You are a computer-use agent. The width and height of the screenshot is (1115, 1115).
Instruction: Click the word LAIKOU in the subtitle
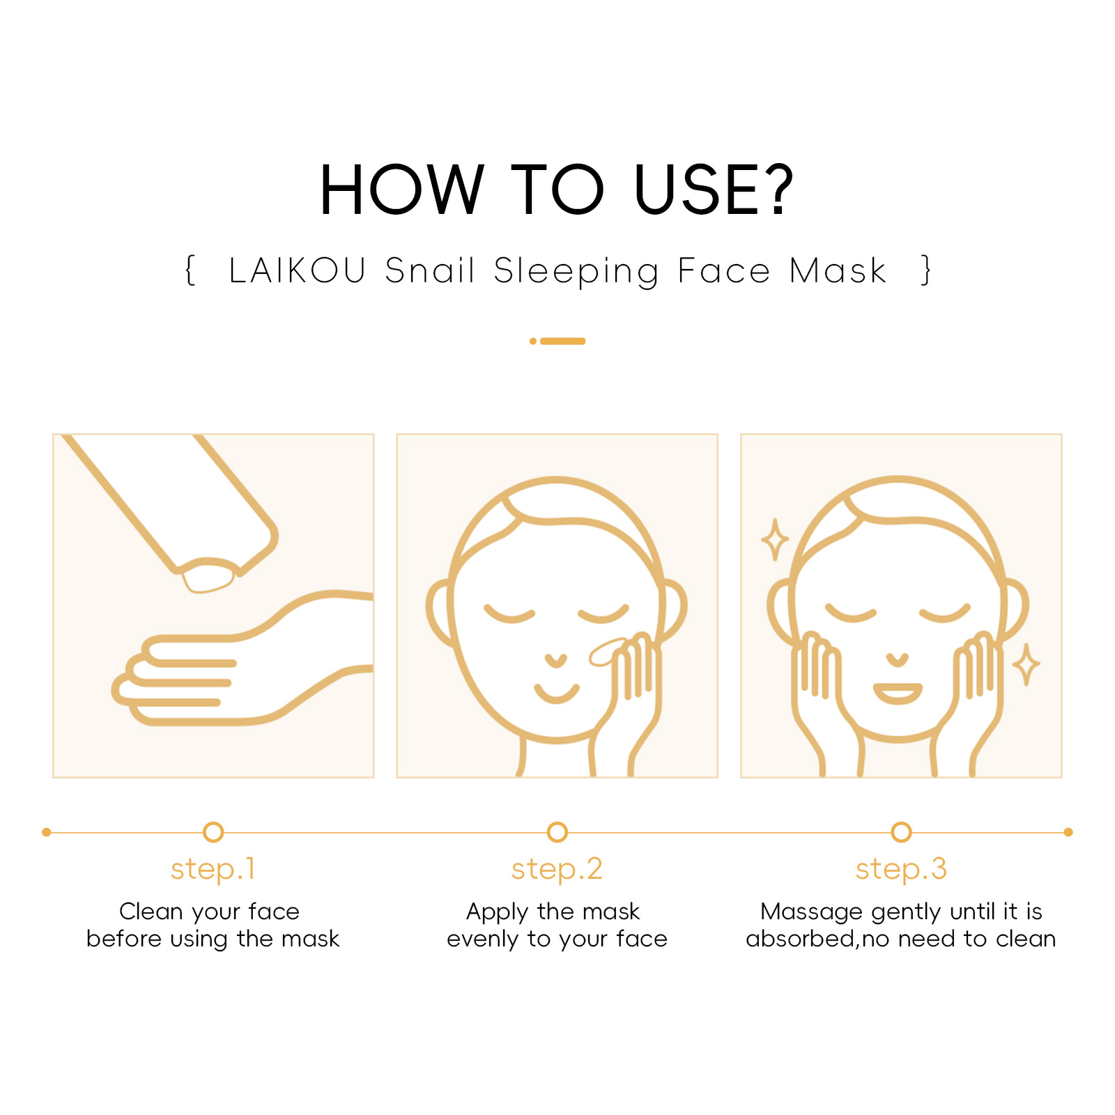[298, 270]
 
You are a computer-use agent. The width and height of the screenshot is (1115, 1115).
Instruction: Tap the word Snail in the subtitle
[430, 270]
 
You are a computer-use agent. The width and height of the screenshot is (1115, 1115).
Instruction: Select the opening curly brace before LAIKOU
[190, 270]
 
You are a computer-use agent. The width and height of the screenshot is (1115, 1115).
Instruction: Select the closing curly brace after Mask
[926, 270]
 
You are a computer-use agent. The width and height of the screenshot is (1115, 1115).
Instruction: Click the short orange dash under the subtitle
[562, 341]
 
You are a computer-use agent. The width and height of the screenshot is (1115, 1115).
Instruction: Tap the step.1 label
[213, 869]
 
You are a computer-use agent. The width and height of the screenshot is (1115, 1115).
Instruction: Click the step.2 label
[557, 869]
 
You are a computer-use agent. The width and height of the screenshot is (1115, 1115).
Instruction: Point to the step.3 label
[901, 869]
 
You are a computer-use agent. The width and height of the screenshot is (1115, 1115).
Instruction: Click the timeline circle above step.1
[213, 832]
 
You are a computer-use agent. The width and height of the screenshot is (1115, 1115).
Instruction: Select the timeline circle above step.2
[557, 832]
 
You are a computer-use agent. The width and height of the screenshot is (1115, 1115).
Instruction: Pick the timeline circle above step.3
[901, 832]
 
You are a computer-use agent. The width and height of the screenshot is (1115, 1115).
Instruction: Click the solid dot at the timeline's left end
[47, 832]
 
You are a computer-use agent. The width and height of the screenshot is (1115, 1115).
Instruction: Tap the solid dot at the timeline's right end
[1068, 832]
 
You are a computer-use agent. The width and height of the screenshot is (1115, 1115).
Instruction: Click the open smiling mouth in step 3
[898, 693]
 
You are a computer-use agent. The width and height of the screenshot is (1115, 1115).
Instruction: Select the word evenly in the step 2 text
[482, 939]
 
